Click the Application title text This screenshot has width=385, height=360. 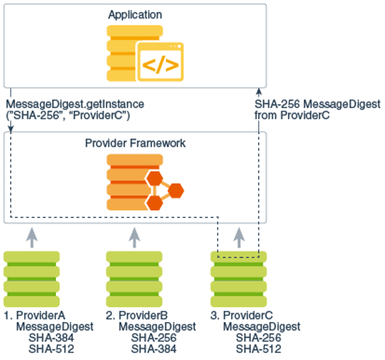135,14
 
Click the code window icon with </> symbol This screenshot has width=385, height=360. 160,61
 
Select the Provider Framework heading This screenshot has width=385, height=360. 135,143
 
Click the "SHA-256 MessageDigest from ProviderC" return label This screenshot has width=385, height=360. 317,110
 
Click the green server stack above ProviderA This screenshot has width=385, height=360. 32,275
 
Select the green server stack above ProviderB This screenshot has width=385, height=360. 135,275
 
